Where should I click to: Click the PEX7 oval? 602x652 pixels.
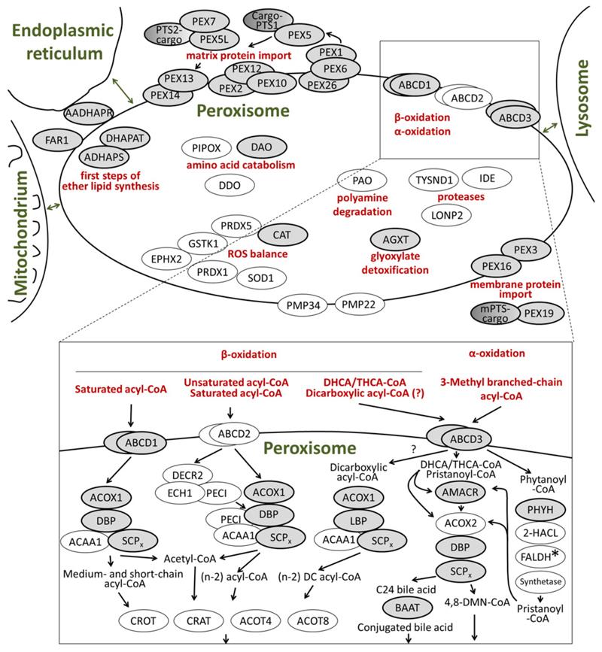pos(204,22)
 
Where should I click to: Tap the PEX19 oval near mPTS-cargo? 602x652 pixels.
pos(540,313)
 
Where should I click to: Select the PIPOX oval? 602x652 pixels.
pos(206,148)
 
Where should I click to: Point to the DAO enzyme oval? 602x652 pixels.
pos(262,147)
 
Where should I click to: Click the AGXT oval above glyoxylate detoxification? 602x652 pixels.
pos(395,239)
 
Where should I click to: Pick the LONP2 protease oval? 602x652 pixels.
pos(447,215)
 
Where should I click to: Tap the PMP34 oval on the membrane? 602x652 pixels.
pos(303,305)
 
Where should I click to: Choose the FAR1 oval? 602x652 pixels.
pos(57,140)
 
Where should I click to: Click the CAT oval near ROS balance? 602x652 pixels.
pos(282,235)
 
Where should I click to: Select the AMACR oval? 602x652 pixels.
pos(460,493)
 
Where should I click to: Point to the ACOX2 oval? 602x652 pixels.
pos(461,523)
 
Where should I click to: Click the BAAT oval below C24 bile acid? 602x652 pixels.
pos(407,608)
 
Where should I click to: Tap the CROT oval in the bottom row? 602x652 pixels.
pos(143,621)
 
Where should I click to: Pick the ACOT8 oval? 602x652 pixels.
pos(313,621)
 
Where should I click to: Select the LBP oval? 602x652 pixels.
pos(358,520)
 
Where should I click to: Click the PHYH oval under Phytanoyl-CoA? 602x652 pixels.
pos(540,509)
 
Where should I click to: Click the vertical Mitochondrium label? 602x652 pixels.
pos(21,233)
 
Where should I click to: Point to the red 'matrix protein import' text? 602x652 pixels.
pos(239,56)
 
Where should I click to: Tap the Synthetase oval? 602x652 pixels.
pos(540,582)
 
